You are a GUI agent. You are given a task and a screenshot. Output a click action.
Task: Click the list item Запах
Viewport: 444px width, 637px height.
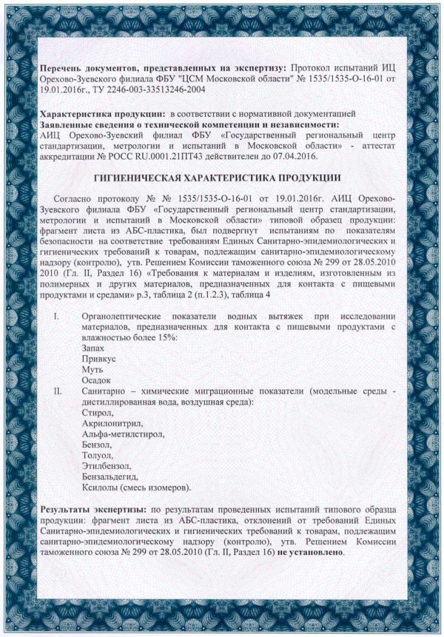point(95,348)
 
